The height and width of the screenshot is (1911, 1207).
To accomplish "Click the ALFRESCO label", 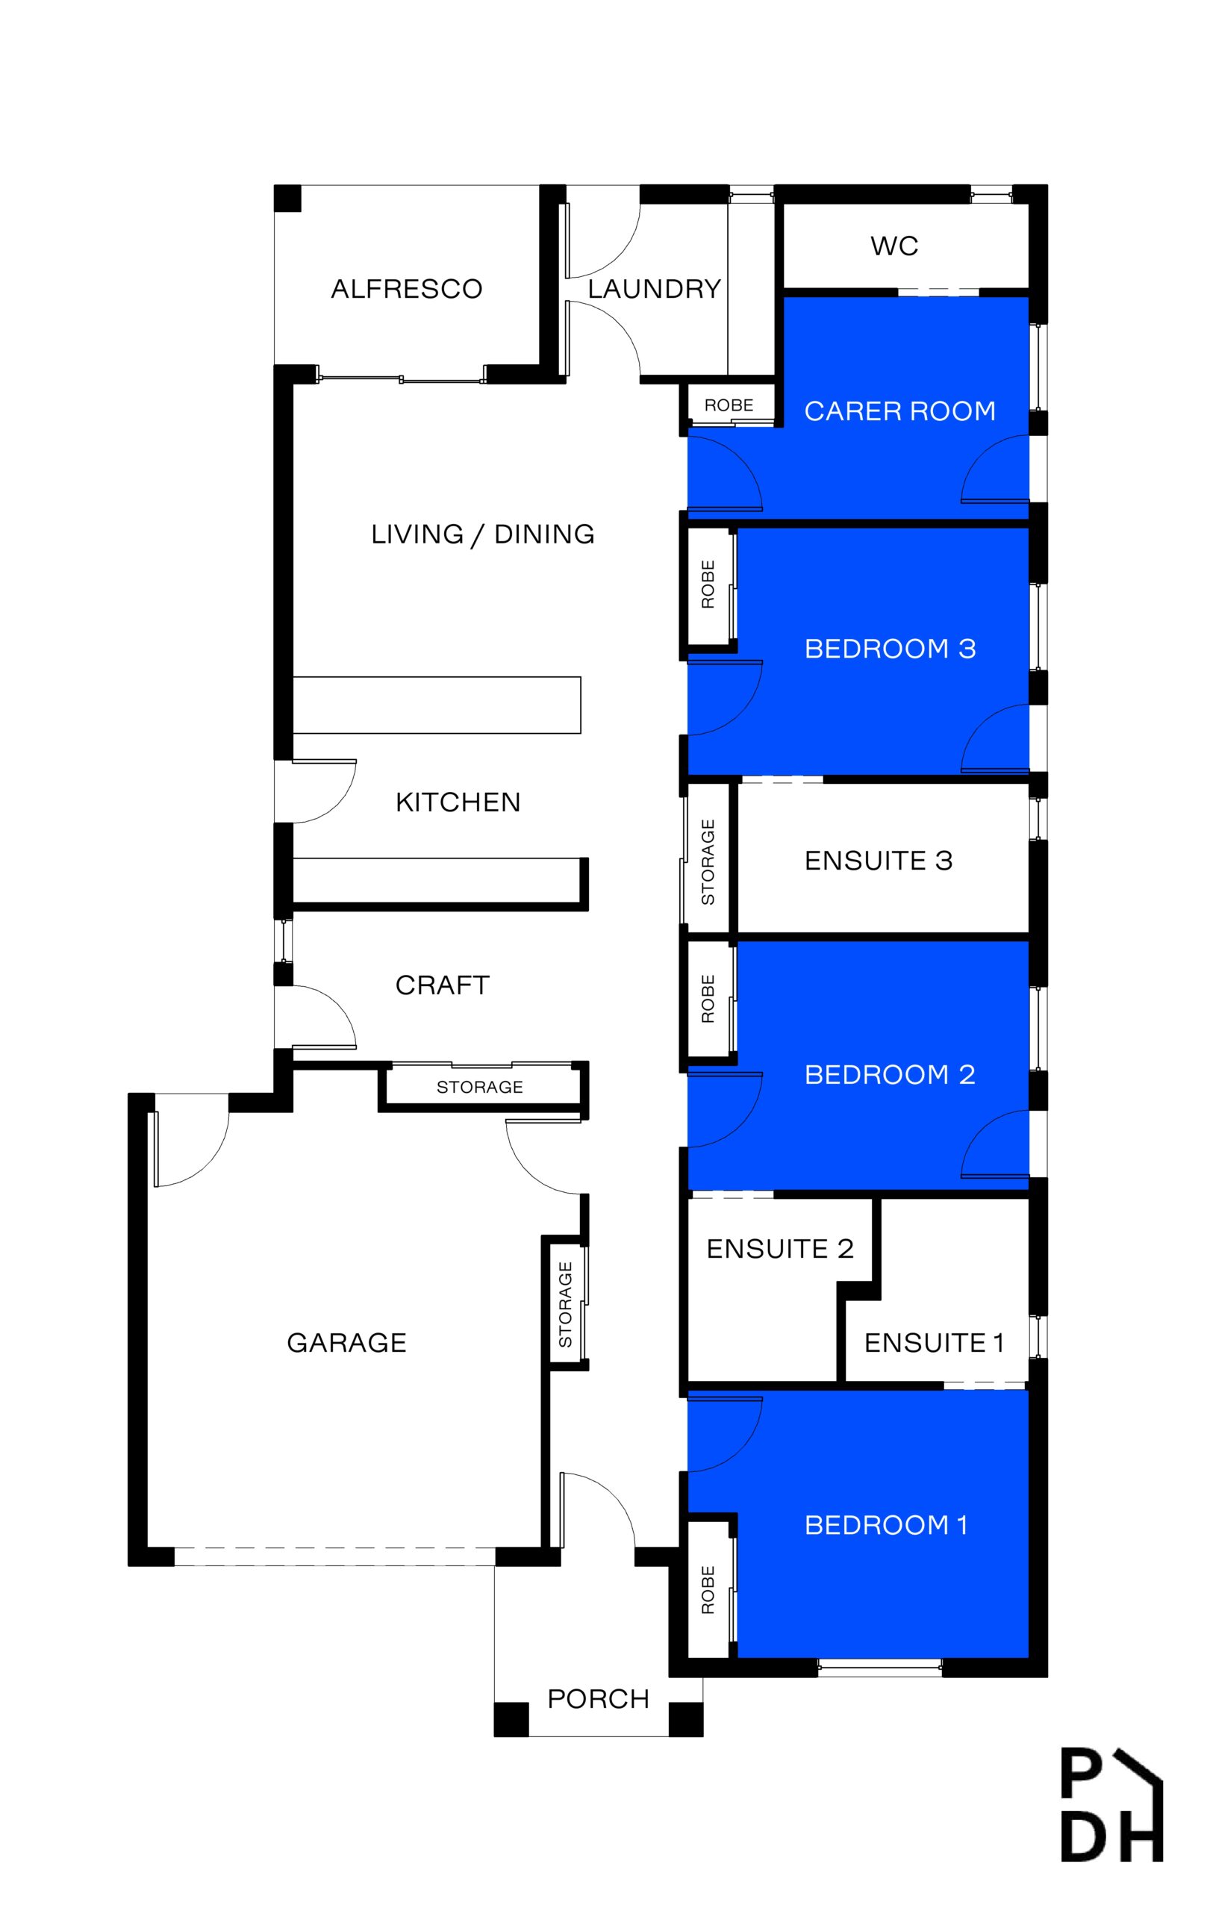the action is coord(406,289).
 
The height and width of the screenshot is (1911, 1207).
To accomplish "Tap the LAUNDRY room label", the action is coord(655,289).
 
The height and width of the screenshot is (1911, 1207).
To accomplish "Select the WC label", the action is coord(894,246).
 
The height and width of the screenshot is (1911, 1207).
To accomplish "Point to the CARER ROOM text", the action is coord(900,411).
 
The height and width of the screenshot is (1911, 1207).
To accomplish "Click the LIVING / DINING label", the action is coord(482,534).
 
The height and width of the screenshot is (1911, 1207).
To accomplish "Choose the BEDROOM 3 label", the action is coord(891,649).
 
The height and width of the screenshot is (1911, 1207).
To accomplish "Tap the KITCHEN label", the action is coord(458,802).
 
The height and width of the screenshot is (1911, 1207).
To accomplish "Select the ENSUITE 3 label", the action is coord(879,860).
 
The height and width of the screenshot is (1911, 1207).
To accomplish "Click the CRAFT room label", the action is coord(442,985).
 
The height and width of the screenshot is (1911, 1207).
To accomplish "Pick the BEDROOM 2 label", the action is coord(891,1074).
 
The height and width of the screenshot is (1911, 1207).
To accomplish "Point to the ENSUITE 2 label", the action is coord(780,1248).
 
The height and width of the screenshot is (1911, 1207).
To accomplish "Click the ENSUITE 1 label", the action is coord(934,1343).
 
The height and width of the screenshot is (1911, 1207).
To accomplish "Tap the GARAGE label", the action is coord(347,1343).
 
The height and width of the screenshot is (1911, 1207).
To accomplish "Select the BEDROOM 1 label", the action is coord(887,1524).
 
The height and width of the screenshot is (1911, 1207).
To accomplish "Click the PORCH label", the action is coord(599,1699).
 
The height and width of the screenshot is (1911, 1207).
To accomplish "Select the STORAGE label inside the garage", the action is coord(565,1305).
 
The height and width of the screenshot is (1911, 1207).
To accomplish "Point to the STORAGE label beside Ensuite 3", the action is coord(708,862).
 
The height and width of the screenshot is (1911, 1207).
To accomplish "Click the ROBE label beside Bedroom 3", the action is coord(708,584).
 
